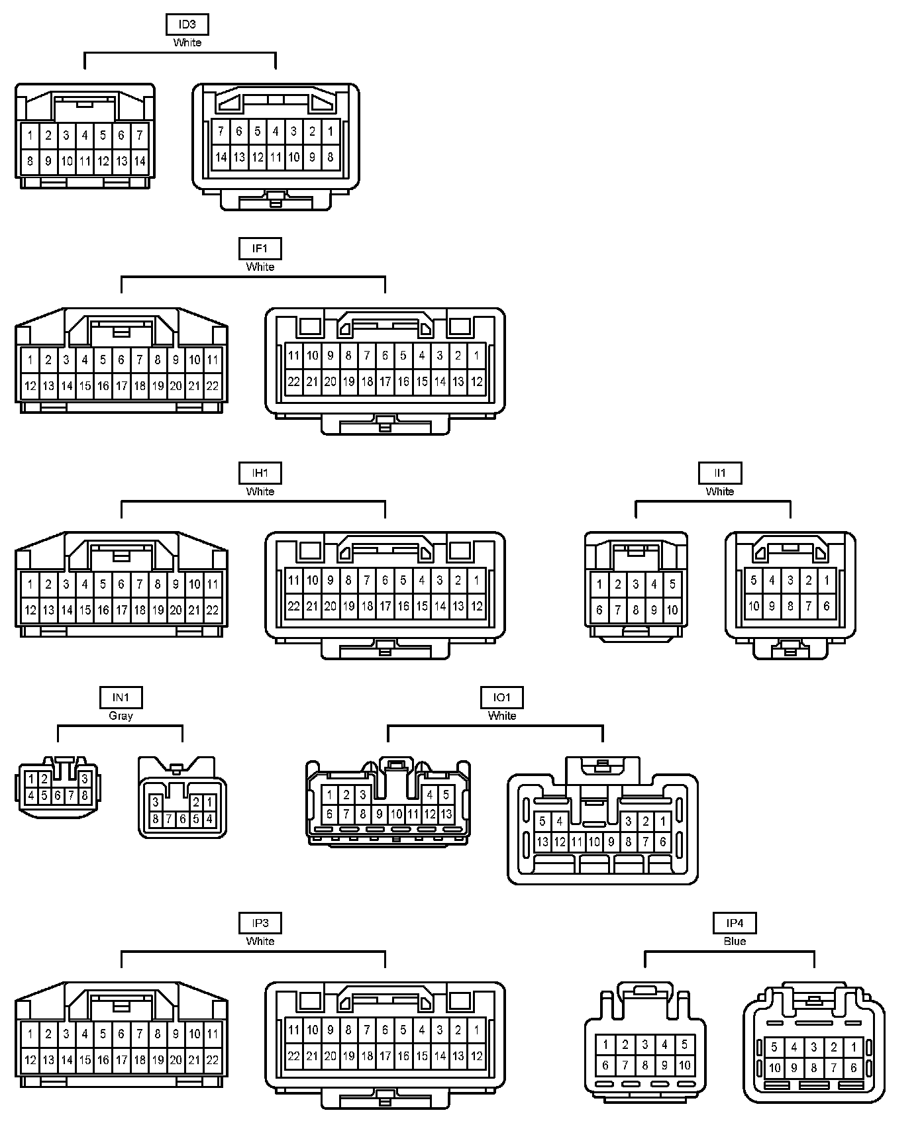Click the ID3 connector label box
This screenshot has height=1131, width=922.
coord(187,25)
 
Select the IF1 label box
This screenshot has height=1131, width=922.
coord(260,249)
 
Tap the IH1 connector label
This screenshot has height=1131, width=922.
coord(260,473)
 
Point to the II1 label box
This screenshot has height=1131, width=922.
coord(720,473)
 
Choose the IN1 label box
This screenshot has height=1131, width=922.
coord(121,697)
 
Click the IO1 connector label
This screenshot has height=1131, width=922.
coord(502,697)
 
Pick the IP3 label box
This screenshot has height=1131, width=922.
coord(260,923)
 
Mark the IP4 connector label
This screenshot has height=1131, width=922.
coord(735,923)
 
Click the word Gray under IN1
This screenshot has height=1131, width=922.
coord(121,716)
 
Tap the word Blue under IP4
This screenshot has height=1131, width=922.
coord(735,941)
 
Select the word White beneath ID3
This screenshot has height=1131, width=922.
coord(187,42)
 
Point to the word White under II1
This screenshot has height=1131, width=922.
coord(720,491)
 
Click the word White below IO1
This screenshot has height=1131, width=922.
coord(502,716)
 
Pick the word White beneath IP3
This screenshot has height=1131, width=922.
coord(260,941)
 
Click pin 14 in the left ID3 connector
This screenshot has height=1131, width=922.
coord(140,161)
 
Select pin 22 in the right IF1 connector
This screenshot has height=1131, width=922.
coord(294,381)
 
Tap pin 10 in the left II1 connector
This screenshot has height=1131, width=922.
coord(672,610)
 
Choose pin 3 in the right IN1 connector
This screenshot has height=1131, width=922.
coord(156,803)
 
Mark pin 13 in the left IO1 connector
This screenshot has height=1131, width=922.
coord(446,814)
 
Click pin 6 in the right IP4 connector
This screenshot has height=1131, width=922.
coord(854,1067)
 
